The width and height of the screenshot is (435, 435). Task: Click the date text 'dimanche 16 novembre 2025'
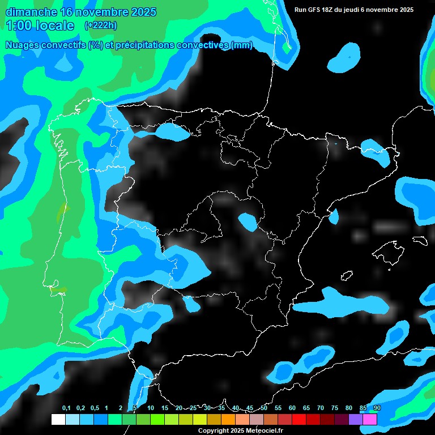pos(80,12)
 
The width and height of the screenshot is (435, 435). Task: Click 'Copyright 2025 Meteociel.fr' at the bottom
pos(240,431)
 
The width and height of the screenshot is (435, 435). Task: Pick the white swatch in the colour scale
pos(58,419)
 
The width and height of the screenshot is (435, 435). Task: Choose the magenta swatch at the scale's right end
pos(370,419)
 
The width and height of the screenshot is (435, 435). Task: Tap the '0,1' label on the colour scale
pos(66,408)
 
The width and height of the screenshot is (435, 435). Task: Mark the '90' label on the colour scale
pos(377,408)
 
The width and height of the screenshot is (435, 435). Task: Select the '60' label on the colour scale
pos(292,408)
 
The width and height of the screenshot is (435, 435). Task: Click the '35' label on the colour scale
pos(221,408)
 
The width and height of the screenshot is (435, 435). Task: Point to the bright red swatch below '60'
pos(298,419)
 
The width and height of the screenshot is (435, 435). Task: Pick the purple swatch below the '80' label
pos(356,419)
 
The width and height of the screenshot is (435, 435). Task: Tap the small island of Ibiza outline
pos(347,275)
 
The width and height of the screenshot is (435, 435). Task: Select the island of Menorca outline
pos(420,240)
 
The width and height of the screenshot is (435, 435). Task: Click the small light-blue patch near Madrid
pos(248,221)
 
